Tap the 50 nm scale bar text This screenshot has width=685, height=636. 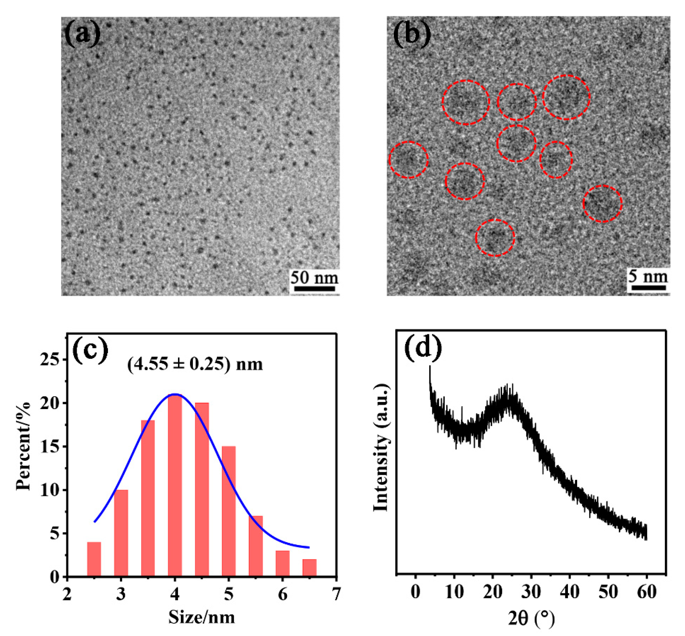pos(314,277)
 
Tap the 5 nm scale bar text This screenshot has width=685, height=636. pos(647,276)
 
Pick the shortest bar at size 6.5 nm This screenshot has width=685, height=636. pos(309,568)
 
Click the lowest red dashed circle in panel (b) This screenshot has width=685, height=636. pos(495,238)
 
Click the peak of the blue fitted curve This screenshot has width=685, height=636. pos(175,394)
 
